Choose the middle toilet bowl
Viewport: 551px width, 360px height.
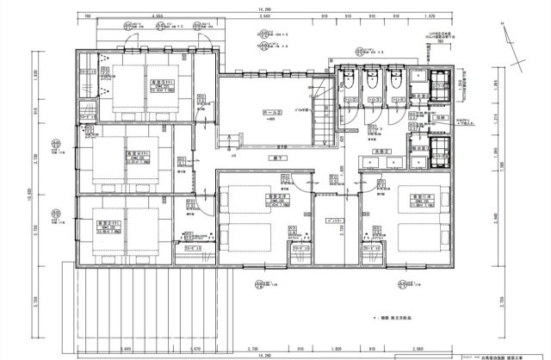pos(372,77)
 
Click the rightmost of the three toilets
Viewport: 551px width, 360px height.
pos(394,77)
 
